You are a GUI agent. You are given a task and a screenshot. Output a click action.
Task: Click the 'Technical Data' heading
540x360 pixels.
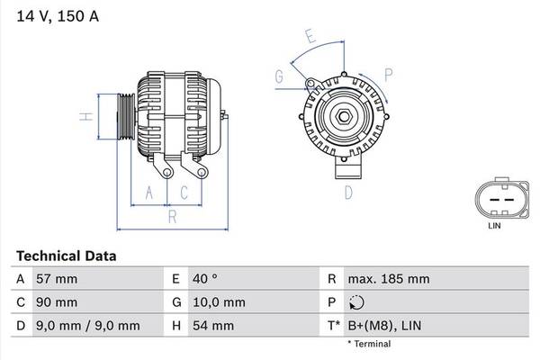(66, 256)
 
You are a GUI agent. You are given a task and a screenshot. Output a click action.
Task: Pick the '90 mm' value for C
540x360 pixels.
(56, 301)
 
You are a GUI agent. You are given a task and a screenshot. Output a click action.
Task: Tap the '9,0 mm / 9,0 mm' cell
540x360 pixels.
(86, 325)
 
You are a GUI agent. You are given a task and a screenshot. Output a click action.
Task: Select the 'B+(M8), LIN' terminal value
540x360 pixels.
(385, 325)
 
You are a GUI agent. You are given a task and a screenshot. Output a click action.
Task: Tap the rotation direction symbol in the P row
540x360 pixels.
(355, 302)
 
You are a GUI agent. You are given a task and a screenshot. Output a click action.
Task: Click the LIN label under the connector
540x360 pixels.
(494, 226)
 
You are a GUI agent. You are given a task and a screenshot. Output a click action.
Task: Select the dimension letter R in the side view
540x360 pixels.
(171, 217)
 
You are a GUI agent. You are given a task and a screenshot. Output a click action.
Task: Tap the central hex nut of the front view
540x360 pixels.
(344, 116)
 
